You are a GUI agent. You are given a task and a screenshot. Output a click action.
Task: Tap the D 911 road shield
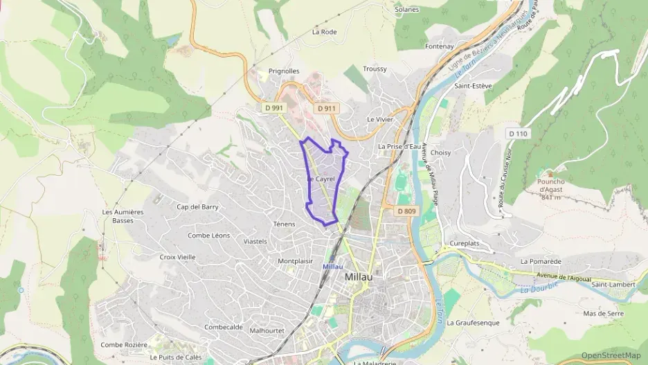326,108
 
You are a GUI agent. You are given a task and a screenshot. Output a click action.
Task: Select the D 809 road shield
406,210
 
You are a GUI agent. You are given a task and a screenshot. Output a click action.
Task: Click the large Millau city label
359,276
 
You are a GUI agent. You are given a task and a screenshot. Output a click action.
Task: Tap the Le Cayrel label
321,179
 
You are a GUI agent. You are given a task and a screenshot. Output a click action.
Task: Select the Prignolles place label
284,71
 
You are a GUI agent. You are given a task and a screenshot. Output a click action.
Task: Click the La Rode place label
324,32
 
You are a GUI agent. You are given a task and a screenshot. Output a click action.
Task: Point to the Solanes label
406,10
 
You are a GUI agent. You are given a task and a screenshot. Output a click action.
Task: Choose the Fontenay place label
440,46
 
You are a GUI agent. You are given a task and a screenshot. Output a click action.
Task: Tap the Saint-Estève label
473,86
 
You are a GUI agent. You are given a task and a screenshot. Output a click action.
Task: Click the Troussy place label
375,69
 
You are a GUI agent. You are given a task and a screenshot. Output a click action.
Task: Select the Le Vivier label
380,119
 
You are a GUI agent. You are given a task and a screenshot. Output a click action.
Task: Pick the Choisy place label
440,152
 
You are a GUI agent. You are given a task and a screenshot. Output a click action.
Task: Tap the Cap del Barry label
198,206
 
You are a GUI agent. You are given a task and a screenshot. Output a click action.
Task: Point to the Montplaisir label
297,260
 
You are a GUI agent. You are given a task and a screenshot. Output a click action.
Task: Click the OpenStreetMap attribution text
611,355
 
